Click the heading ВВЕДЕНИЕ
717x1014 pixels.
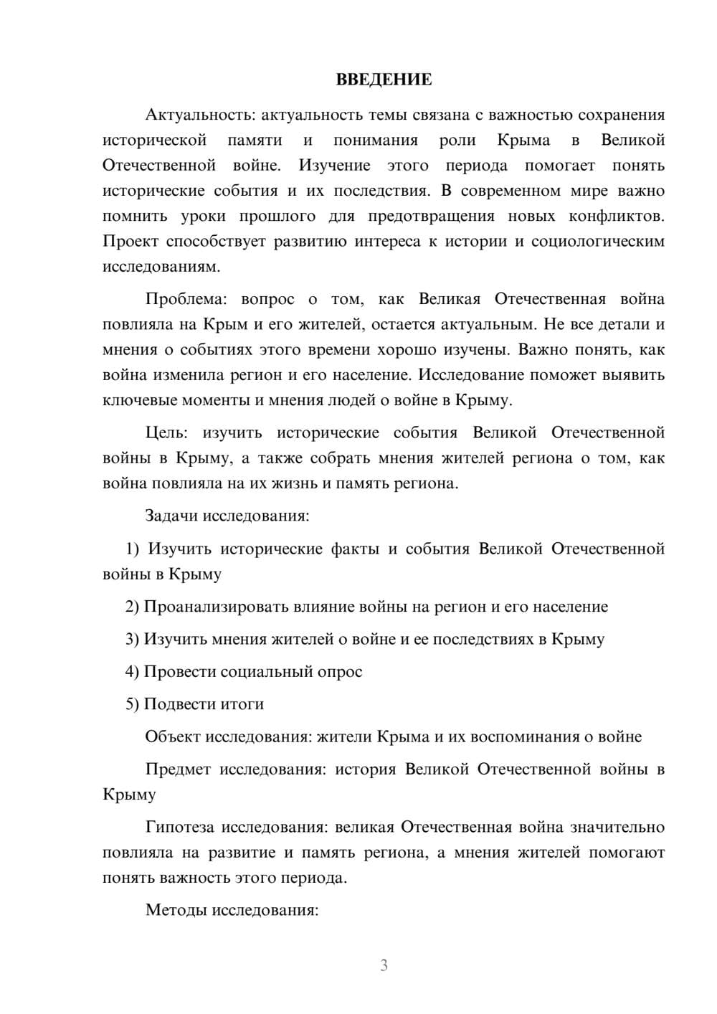[384, 80]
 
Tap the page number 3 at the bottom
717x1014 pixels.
[384, 965]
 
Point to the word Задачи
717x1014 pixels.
[172, 516]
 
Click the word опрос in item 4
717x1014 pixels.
[339, 672]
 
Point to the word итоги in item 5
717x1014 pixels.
[242, 704]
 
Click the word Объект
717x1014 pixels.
[173, 736]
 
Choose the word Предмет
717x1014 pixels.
[178, 769]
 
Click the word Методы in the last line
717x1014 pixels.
[172, 911]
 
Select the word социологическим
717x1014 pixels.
[598, 242]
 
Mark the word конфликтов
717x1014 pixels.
[616, 216]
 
